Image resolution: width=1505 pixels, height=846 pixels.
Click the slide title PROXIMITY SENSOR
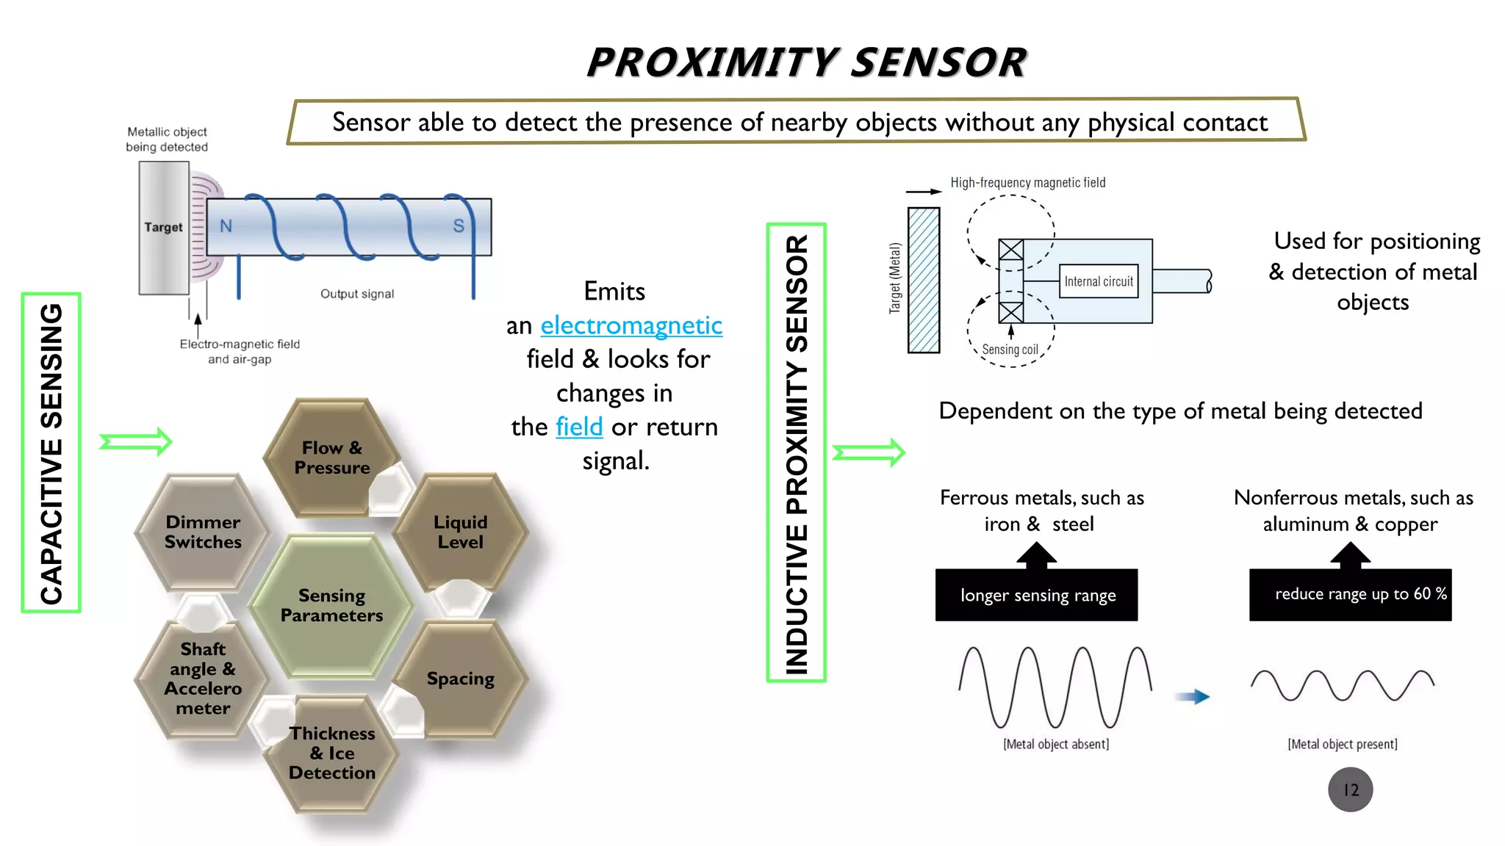806,62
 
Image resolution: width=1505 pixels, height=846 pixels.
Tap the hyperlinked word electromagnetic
631,325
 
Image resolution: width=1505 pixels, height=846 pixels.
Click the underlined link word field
579,427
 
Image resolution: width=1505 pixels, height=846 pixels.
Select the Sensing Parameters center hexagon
332,605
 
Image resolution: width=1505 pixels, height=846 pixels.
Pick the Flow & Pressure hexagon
331,458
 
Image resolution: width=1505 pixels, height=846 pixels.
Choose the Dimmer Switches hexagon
203,532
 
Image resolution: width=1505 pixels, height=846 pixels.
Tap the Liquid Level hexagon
461,532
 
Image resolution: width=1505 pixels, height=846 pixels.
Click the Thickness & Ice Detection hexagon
332,753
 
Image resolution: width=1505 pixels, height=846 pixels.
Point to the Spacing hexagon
461,679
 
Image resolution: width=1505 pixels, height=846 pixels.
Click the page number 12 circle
1350,789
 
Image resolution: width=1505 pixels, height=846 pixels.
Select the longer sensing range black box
1037,595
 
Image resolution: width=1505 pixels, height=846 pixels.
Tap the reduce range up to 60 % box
1351,594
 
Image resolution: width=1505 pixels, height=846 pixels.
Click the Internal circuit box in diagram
1099,281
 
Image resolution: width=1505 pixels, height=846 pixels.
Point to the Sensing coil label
1010,350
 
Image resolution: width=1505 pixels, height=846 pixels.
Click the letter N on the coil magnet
226,226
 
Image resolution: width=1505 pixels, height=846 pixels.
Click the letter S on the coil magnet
459,226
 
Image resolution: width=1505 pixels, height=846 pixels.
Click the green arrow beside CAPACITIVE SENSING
136,441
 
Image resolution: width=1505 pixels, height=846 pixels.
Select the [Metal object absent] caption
1056,744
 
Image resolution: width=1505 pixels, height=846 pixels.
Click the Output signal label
357,294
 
